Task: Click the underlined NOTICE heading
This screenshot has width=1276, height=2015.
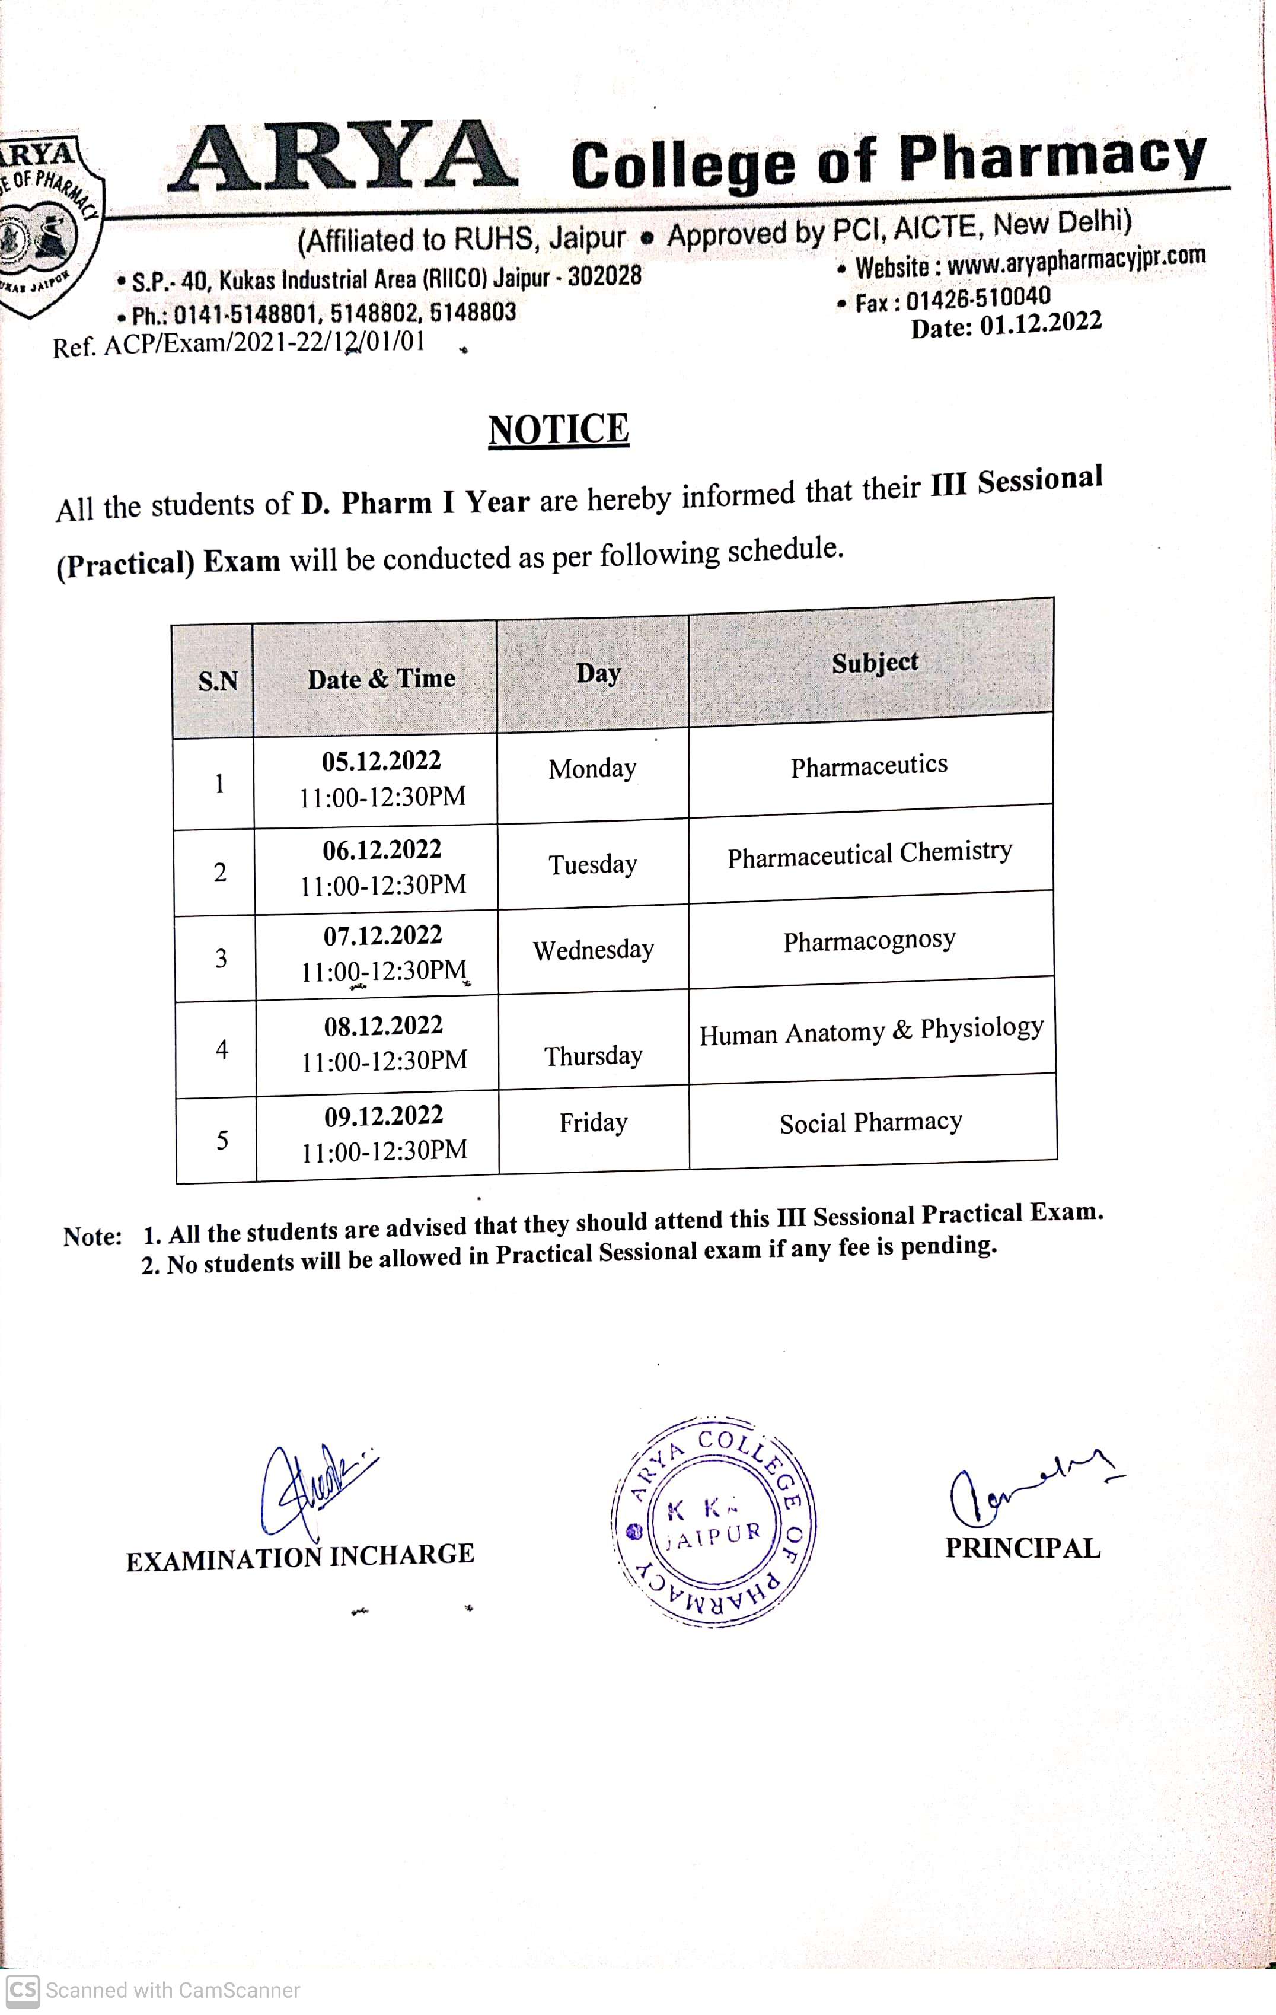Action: [x=558, y=430]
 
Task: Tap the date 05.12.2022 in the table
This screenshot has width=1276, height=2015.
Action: [x=381, y=760]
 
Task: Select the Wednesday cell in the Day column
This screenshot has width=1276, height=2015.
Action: [x=594, y=950]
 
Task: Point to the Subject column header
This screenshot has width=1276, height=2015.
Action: [x=875, y=663]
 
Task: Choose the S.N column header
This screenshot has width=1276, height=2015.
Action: [x=218, y=681]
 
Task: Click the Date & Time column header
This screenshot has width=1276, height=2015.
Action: [x=381, y=679]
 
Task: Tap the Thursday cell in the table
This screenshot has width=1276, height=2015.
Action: [x=594, y=1056]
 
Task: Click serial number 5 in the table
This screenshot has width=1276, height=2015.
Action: [x=222, y=1139]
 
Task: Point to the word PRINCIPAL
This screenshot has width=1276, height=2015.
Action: [x=1022, y=1549]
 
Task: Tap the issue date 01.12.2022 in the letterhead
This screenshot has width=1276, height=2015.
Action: [x=1040, y=324]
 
